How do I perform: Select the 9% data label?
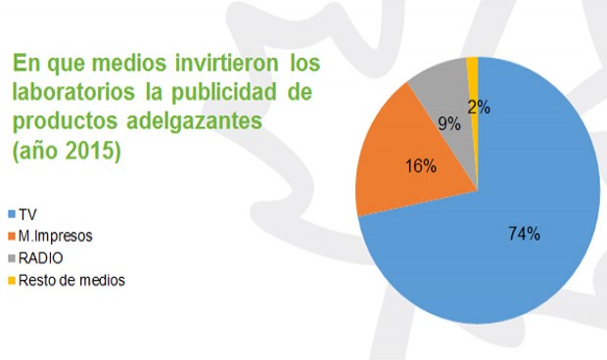[448, 123]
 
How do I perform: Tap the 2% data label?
[479, 108]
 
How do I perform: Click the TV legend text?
[27, 213]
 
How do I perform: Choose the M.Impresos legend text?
[56, 236]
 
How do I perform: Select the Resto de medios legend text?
[71, 281]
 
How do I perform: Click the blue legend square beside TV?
[11, 213]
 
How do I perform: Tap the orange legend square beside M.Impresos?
[11, 236]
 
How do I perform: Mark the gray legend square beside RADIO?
[11, 258]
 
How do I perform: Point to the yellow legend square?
[11, 281]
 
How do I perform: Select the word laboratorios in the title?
[69, 94]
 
